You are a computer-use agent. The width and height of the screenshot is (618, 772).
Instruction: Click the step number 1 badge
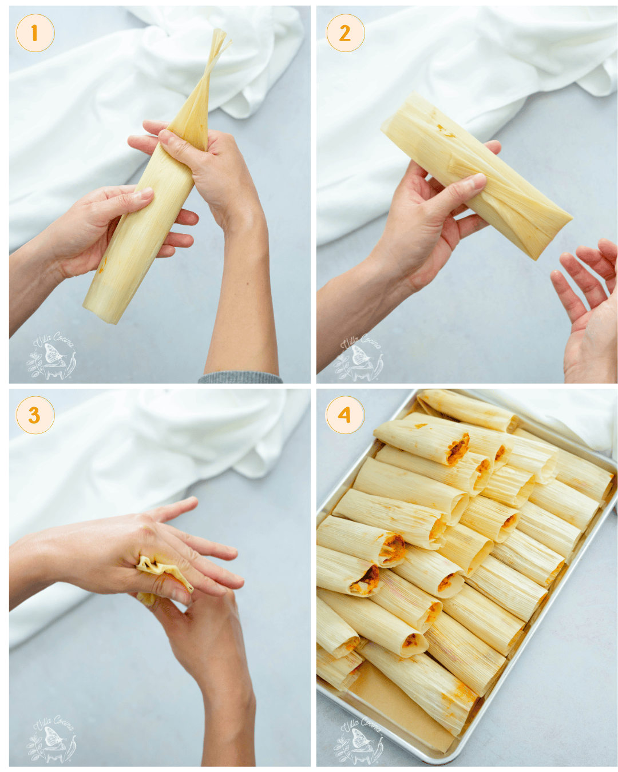tap(35, 33)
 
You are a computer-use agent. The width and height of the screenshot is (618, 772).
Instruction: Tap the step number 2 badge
tap(345, 33)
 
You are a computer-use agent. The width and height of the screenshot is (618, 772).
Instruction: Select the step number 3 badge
tap(35, 415)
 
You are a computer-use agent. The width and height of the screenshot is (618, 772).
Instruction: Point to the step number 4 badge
tap(345, 415)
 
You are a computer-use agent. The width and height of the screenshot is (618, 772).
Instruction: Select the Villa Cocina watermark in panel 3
tap(51, 739)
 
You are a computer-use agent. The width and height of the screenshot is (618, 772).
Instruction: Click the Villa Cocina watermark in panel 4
tap(359, 741)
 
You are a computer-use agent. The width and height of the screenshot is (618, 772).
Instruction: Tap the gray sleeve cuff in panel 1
tap(240, 378)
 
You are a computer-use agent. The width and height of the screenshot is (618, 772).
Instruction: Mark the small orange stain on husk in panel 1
tap(104, 264)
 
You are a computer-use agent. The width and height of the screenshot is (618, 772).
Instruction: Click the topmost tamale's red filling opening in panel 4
tap(458, 449)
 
